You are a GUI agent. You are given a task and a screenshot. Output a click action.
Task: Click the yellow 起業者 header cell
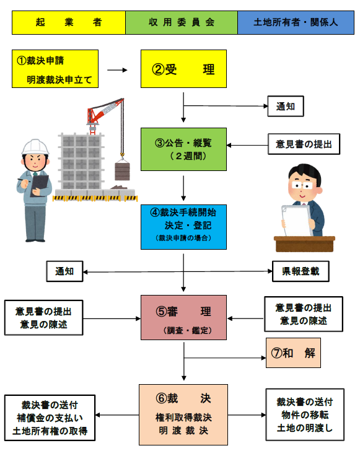pos(68,22)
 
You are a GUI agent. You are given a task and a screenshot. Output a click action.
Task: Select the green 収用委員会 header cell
pos(181,22)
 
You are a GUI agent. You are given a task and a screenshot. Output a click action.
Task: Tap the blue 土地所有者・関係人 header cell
pos(295,22)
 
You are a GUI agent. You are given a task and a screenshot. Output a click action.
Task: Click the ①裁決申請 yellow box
pos(55,69)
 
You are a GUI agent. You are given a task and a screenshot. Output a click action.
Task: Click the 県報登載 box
pos(300,271)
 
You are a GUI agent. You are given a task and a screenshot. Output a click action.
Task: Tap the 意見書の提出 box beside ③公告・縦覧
pos(304,145)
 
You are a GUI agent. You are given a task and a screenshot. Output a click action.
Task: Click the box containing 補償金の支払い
pos(50,418)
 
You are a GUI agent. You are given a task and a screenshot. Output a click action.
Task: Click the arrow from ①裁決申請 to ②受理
pos(116,70)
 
